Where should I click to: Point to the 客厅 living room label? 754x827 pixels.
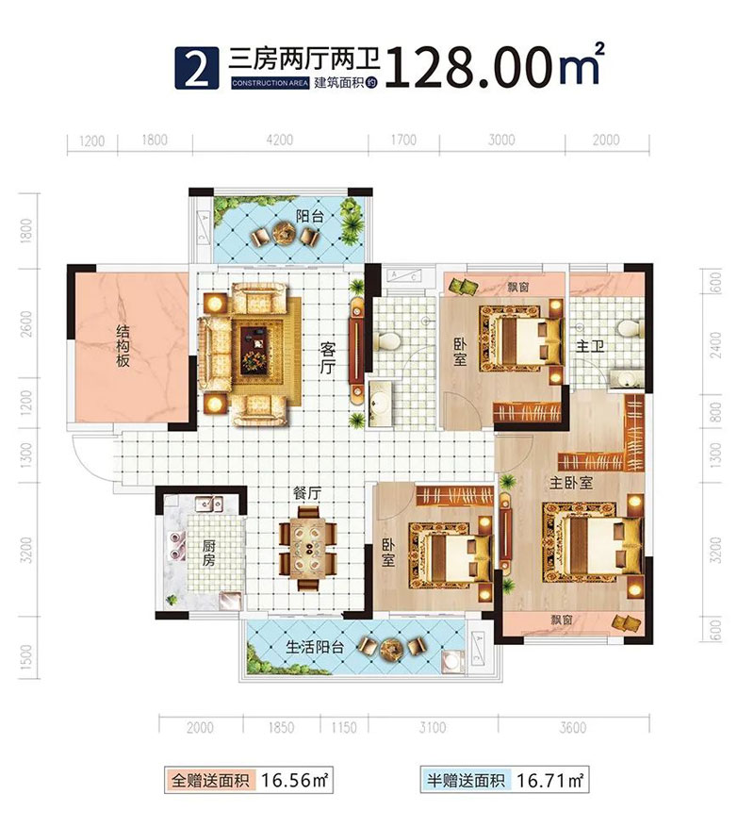click(x=326, y=360)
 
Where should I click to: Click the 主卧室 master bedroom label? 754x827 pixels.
click(x=571, y=482)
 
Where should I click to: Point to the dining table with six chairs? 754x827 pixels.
click(x=308, y=546)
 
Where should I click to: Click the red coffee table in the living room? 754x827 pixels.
click(x=254, y=342)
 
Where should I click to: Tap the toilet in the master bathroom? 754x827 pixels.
click(x=625, y=327)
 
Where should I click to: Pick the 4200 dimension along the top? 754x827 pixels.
click(x=280, y=141)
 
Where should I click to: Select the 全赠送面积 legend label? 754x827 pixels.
click(x=208, y=781)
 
